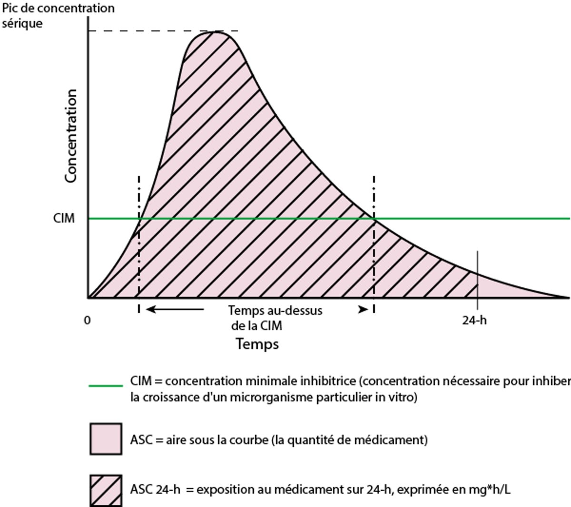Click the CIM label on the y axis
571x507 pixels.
64,218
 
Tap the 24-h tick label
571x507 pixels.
474,320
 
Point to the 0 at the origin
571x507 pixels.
87,320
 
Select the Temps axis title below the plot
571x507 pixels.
257,343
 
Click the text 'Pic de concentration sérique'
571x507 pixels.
58,15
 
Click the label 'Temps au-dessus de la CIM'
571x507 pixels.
275,318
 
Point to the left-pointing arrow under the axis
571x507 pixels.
174,310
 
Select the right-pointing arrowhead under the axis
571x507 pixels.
363,310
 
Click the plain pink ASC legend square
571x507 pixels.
106,439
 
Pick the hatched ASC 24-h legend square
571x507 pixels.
106,490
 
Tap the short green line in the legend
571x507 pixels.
106,385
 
